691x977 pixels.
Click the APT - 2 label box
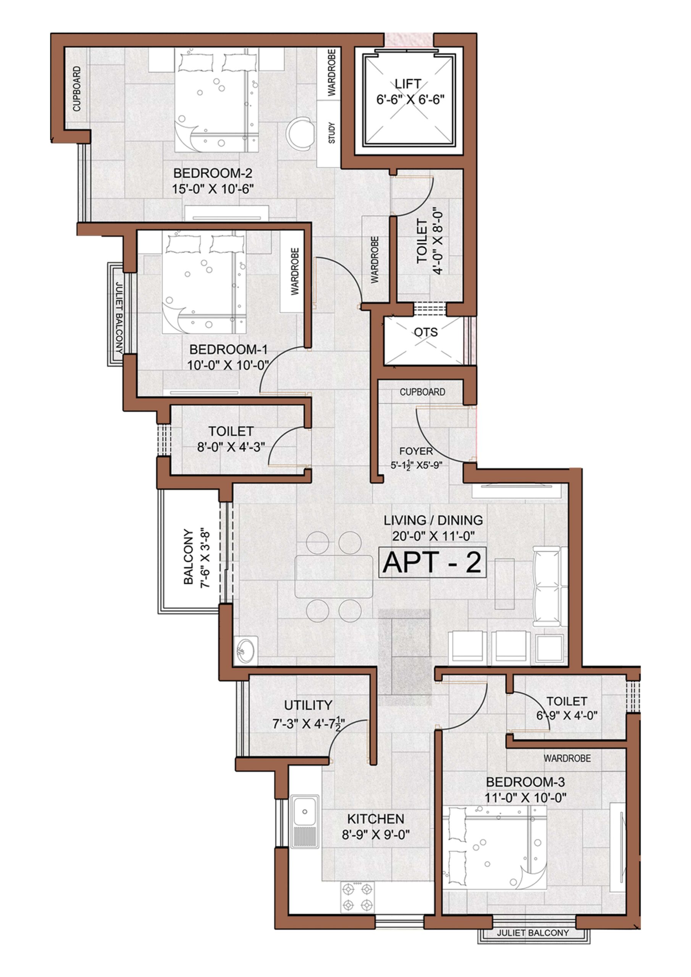432,562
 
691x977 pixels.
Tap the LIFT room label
408,84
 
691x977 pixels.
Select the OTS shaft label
426,332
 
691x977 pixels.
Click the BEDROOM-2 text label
213,173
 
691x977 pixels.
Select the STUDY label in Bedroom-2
332,133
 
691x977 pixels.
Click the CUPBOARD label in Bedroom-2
77,89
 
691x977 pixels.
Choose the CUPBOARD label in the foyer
422,392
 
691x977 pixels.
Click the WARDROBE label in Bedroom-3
567,758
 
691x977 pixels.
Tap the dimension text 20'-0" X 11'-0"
433,536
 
